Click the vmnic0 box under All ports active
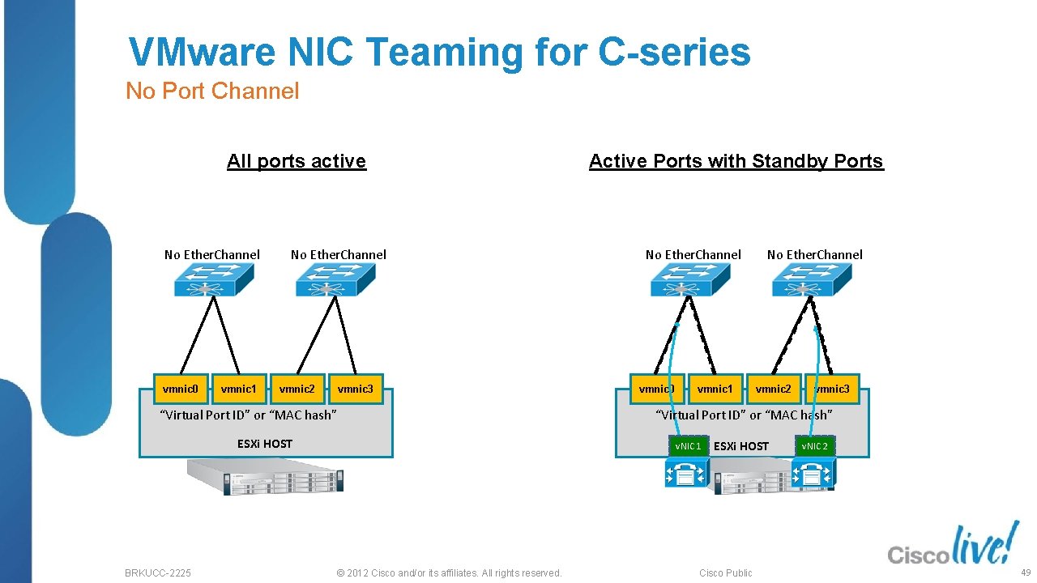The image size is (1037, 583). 181,389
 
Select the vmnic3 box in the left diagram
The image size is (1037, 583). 355,389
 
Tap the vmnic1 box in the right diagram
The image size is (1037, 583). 715,389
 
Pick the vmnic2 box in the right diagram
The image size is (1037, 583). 773,389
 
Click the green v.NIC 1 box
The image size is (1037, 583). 688,446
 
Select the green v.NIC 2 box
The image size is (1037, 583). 814,446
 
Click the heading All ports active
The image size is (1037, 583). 297,161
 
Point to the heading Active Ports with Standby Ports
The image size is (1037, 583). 736,161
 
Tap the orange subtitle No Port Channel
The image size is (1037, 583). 212,91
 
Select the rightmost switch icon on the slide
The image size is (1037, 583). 812,279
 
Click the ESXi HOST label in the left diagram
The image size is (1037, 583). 264,444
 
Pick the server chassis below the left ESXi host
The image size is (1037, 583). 266,476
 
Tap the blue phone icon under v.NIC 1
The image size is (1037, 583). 686,473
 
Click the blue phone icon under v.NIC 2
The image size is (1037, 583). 813,473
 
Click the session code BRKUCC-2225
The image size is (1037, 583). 158,572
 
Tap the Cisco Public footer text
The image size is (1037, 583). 725,572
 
